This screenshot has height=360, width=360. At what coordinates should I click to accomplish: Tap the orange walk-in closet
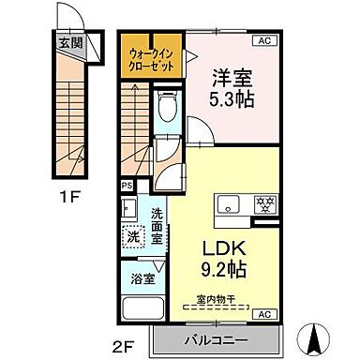149,60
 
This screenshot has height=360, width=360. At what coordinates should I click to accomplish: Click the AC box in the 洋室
263,41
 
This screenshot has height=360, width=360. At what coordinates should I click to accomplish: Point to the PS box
127,186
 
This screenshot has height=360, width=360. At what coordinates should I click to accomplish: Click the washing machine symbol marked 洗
133,237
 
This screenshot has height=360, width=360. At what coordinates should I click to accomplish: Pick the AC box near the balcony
263,313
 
